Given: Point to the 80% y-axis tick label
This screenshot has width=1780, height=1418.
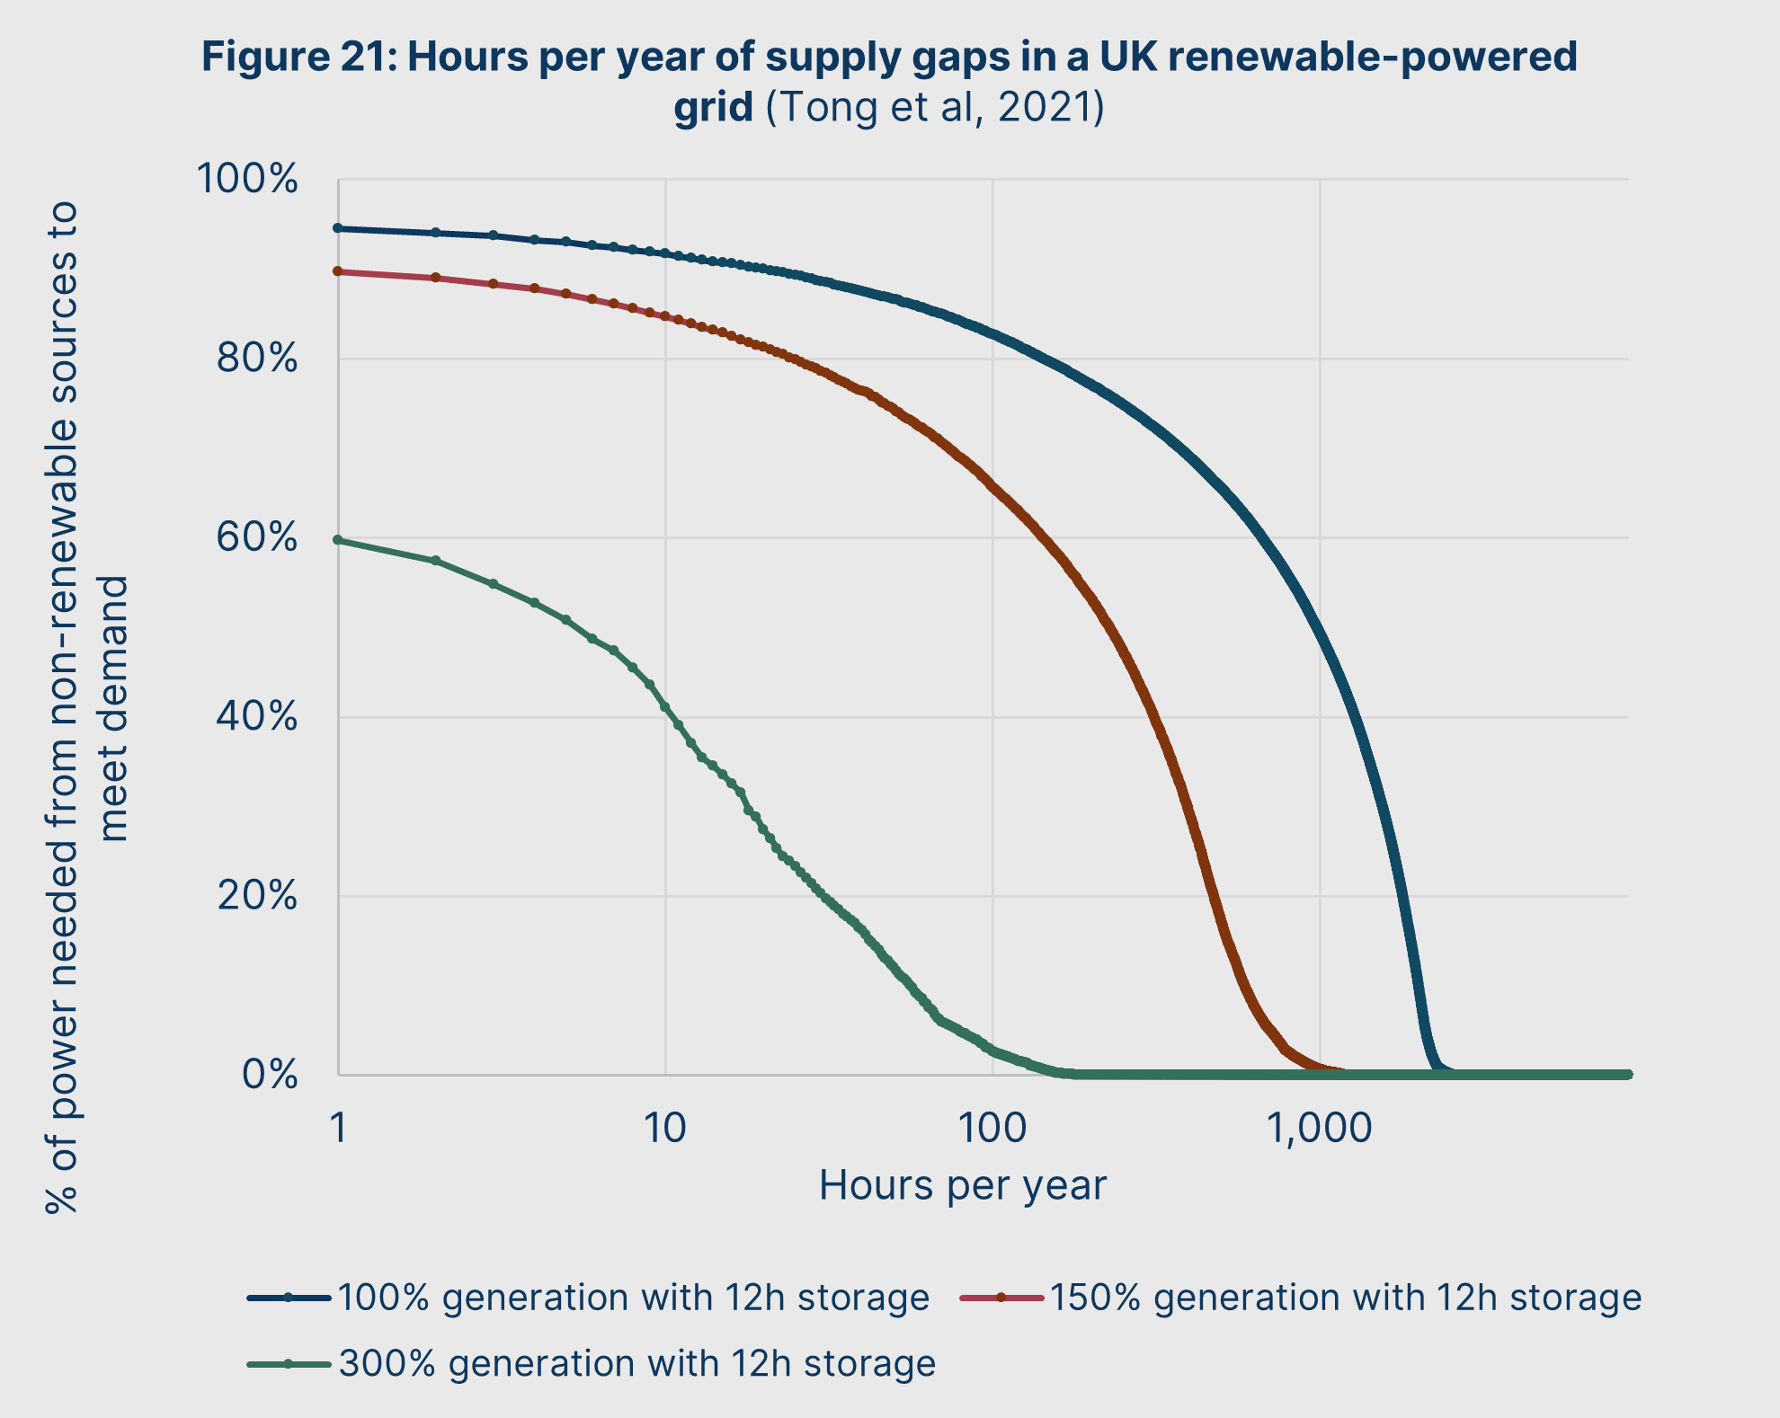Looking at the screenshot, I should tap(256, 359).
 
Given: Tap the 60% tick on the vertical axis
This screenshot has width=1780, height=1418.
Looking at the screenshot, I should tap(256, 538).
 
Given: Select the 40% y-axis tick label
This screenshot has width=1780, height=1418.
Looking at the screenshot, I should tap(256, 717).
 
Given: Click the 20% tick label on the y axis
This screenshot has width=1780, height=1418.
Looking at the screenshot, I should tap(256, 896).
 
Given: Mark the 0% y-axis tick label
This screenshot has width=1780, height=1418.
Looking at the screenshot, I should tap(270, 1075).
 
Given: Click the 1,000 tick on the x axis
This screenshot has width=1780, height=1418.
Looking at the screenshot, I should tap(1320, 1129).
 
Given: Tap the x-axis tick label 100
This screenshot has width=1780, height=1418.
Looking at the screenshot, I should tap(992, 1129).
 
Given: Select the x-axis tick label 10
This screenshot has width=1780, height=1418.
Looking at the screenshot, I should tap(665, 1129).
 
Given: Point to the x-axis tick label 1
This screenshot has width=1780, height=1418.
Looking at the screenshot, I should tap(338, 1129).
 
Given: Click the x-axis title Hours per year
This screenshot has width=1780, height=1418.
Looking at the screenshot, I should tap(962, 1186).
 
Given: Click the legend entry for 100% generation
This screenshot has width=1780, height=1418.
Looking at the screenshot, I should tap(632, 1298).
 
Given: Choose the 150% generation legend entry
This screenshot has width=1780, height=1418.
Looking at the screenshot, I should tap(1345, 1298).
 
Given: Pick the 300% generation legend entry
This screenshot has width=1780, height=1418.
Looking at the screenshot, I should tap(636, 1364).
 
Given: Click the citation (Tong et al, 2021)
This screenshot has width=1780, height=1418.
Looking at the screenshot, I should tap(935, 107).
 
